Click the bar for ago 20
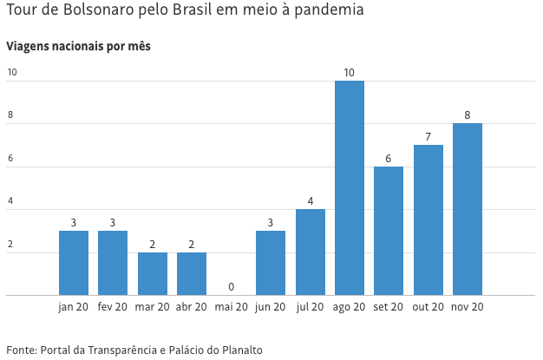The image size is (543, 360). [x=350, y=187]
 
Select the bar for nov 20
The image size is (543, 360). [x=468, y=209]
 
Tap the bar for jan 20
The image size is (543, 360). [x=74, y=263]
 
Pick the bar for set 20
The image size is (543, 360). [x=389, y=231]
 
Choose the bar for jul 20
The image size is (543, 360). [x=310, y=252]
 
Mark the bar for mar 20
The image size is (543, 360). [x=153, y=273]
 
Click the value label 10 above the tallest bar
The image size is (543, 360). [x=350, y=72]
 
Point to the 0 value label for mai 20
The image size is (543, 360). [x=231, y=286]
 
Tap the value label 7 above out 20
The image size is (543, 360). [x=428, y=137]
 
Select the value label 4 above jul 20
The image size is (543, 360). [x=310, y=201]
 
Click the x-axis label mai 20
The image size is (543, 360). [x=231, y=307]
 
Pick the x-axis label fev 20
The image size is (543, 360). [x=113, y=307]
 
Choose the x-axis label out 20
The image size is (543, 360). [x=428, y=307]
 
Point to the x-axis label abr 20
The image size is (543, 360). [x=192, y=307]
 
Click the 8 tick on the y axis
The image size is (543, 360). [x=11, y=115]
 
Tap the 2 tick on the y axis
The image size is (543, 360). [x=11, y=245]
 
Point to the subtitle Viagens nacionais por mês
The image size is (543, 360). [x=79, y=46]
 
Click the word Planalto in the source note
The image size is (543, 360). [x=239, y=350]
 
